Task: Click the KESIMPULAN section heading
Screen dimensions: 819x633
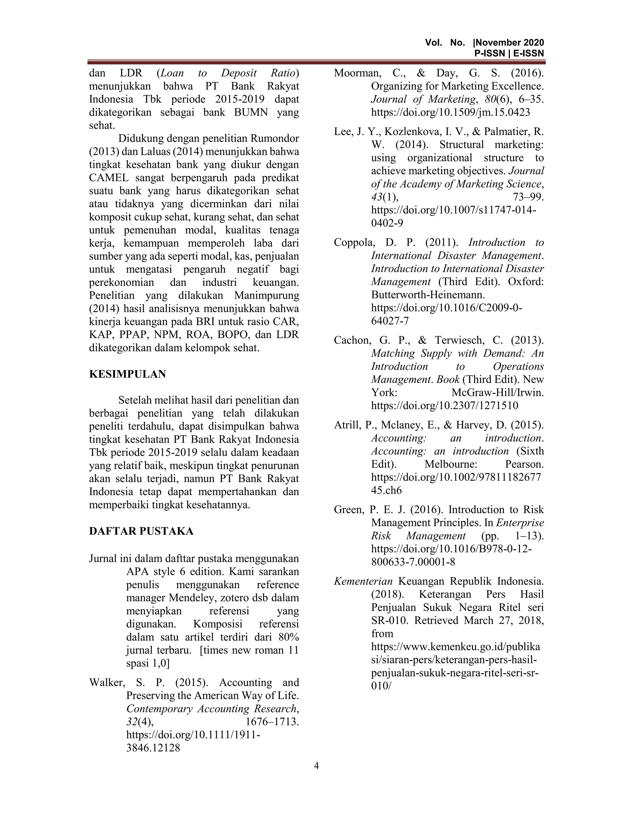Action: coord(128,374)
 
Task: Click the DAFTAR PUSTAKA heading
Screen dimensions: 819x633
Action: coord(141,531)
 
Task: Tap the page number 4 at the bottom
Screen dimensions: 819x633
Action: coord(316,765)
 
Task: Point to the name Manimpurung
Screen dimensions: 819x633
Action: coord(267,295)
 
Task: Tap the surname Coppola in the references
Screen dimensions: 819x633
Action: coord(354,243)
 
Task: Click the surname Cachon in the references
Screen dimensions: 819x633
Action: coord(352,340)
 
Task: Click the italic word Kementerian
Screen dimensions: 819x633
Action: coord(363,581)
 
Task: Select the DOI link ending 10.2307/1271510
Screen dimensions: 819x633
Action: coord(445,405)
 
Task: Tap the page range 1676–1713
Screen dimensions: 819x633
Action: coord(272,722)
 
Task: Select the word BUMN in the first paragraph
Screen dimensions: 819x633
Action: coord(251,112)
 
